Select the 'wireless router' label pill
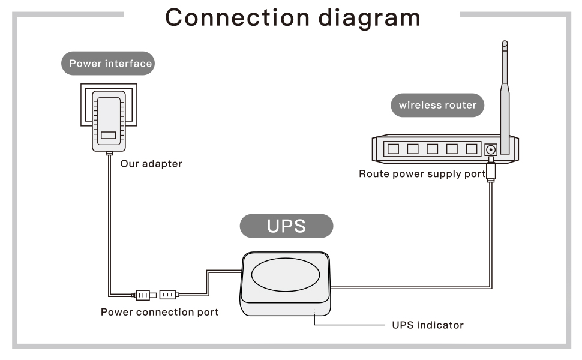click(437, 105)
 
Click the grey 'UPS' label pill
click(286, 226)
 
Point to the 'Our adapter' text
click(151, 163)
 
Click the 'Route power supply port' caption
click(422, 174)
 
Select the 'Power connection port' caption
click(159, 312)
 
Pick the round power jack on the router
click(491, 149)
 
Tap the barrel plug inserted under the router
click(491, 171)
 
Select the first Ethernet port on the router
click(394, 149)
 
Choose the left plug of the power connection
click(142, 295)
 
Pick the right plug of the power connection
click(168, 295)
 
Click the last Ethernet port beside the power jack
click(471, 149)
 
